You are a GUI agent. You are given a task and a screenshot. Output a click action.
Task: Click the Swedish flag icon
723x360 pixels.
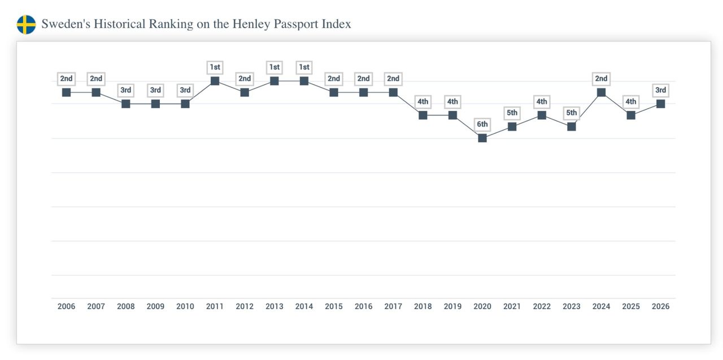point(26,24)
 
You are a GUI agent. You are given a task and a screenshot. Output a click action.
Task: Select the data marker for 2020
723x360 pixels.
point(482,138)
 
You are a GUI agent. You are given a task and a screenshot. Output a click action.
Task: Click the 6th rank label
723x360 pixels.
point(482,124)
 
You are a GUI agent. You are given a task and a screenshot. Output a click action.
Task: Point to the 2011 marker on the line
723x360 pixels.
point(215,81)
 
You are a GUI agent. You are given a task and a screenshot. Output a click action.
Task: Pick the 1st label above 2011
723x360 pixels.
point(215,67)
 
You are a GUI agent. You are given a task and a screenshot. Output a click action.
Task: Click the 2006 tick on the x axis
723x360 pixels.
point(66,306)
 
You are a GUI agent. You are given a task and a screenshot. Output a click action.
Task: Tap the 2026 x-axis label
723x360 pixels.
point(660,306)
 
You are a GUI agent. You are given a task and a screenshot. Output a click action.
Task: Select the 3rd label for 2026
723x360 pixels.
point(660,90)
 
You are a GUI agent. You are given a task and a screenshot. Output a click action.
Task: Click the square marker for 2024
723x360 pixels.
point(601,92)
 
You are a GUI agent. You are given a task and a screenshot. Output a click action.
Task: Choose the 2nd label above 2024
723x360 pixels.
point(601,79)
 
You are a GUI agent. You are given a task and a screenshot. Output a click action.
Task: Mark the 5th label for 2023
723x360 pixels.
point(571,112)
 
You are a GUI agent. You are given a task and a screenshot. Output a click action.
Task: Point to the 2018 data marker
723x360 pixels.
point(423,115)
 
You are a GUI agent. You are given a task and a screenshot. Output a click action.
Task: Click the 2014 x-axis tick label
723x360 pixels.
point(304,306)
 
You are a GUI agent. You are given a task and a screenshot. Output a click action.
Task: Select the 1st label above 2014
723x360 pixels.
point(304,67)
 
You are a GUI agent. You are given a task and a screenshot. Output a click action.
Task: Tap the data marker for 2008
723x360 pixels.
point(126,103)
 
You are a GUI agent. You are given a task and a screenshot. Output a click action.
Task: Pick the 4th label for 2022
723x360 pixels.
point(542,102)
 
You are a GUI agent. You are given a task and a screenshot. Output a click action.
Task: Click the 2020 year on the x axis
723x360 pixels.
point(482,306)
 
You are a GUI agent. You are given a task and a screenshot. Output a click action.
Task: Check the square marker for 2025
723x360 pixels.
point(631,115)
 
